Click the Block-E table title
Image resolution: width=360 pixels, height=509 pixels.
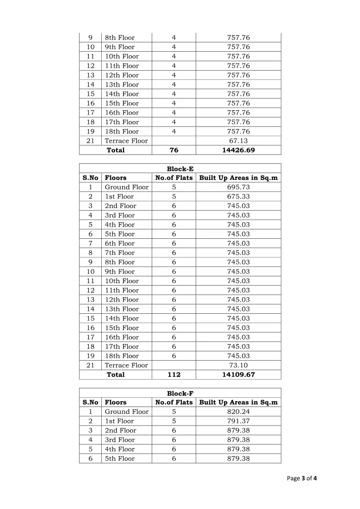(x=180, y=169)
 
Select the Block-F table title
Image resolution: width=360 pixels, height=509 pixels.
(x=180, y=393)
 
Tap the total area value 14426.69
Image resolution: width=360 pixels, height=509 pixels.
(x=238, y=150)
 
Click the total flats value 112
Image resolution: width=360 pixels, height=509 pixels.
(x=174, y=374)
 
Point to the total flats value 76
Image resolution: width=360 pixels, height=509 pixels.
(x=174, y=150)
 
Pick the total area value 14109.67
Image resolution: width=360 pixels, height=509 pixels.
(x=238, y=374)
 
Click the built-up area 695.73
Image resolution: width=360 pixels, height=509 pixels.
(x=238, y=187)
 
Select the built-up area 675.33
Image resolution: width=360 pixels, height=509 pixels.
(x=238, y=196)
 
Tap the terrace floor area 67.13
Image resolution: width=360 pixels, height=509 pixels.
(x=238, y=141)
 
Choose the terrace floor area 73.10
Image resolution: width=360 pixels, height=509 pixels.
(x=238, y=365)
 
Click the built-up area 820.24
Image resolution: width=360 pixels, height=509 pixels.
(x=238, y=411)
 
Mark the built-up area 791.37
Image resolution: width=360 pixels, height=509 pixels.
(x=238, y=421)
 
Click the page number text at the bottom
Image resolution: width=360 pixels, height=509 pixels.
(x=302, y=478)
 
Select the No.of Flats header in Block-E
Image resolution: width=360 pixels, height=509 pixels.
(x=174, y=178)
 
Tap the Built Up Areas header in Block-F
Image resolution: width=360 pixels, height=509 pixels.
(x=238, y=402)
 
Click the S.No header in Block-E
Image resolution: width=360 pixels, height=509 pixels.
(x=90, y=178)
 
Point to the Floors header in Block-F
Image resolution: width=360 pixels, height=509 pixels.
(x=115, y=402)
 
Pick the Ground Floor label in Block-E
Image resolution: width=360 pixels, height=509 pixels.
(x=127, y=187)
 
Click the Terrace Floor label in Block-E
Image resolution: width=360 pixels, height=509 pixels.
(x=126, y=365)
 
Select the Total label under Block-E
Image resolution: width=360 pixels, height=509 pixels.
(x=115, y=374)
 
